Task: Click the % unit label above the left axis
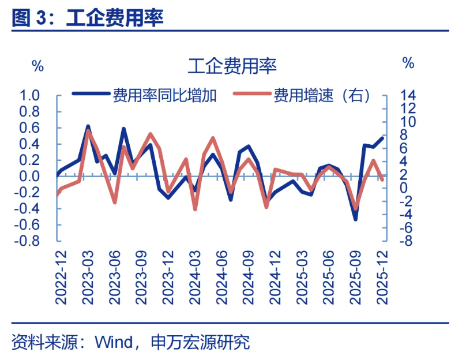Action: click(x=37, y=65)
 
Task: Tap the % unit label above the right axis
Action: click(x=408, y=63)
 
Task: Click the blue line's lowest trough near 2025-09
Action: click(x=355, y=219)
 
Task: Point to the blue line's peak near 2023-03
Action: click(x=88, y=126)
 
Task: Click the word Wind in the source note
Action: click(x=114, y=342)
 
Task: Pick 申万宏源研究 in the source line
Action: click(x=200, y=342)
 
